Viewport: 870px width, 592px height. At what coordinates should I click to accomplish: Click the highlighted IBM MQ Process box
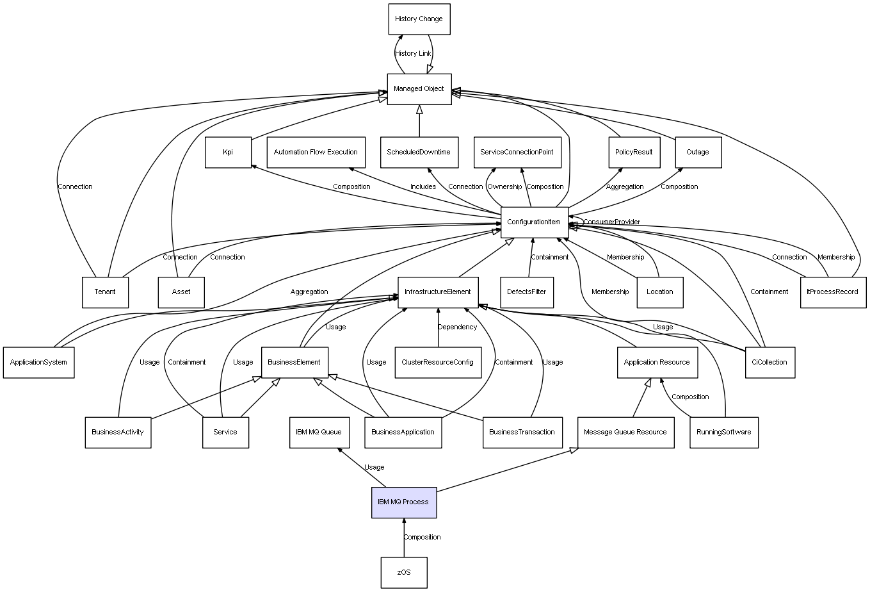click(404, 502)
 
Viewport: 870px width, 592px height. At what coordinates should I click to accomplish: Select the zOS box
click(404, 572)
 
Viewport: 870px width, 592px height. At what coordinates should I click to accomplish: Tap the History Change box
click(419, 19)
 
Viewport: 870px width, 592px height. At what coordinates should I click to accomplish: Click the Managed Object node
click(419, 89)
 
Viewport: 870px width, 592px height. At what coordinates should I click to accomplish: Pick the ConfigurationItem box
click(535, 222)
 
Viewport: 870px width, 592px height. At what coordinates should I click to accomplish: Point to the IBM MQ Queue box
click(319, 432)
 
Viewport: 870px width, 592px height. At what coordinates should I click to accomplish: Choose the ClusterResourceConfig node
click(438, 362)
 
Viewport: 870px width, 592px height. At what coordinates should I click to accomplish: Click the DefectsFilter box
click(527, 292)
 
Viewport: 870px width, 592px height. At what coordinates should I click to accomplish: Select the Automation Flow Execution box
click(316, 152)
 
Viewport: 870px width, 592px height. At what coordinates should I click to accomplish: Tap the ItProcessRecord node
click(833, 292)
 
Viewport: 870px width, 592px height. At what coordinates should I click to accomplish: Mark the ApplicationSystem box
click(39, 362)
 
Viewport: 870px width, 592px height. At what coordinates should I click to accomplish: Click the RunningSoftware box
click(724, 432)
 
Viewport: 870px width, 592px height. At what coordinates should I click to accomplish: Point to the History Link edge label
click(413, 54)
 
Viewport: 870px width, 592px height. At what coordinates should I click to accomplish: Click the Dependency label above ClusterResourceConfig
click(458, 327)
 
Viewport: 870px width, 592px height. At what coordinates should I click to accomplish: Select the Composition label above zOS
click(422, 537)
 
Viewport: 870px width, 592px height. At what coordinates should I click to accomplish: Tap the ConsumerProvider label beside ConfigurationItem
click(612, 222)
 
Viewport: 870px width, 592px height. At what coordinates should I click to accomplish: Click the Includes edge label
click(423, 186)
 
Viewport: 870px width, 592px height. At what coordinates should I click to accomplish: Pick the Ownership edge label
click(504, 186)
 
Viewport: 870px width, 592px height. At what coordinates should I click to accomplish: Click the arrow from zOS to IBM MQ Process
click(404, 538)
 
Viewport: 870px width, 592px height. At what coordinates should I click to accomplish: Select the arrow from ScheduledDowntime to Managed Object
click(419, 121)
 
